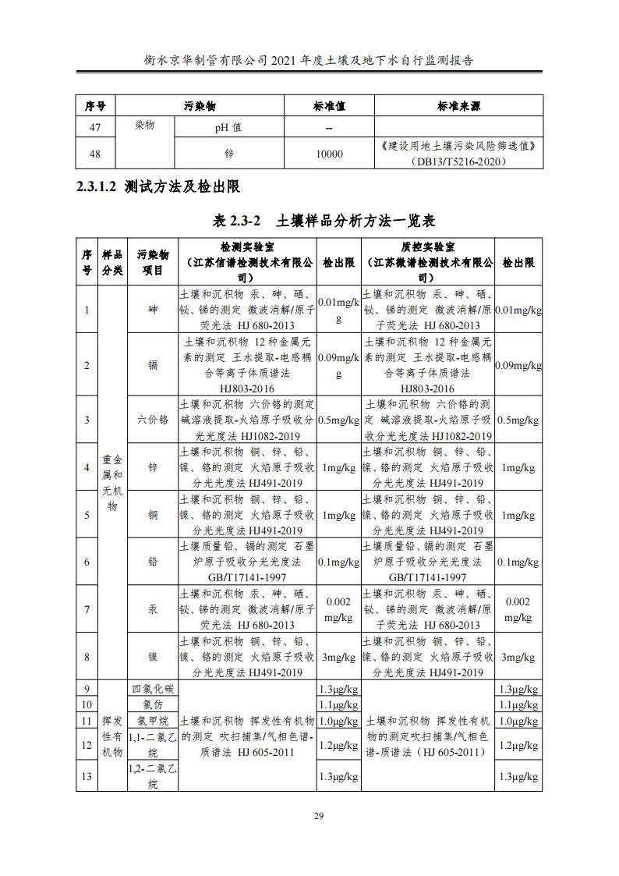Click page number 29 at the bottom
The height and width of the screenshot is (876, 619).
(318, 816)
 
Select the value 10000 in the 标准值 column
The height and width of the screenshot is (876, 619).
(329, 154)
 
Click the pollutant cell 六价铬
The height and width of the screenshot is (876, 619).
(153, 420)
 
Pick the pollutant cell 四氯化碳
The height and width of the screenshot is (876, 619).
(153, 690)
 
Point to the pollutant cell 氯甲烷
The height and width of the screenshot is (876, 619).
(153, 722)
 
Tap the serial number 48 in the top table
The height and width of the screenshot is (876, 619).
(95, 154)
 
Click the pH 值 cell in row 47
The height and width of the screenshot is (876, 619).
(228, 127)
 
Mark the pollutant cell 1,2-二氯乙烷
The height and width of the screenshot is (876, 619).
(153, 776)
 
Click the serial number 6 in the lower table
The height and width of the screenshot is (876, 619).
(87, 562)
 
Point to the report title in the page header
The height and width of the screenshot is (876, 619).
(309, 59)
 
